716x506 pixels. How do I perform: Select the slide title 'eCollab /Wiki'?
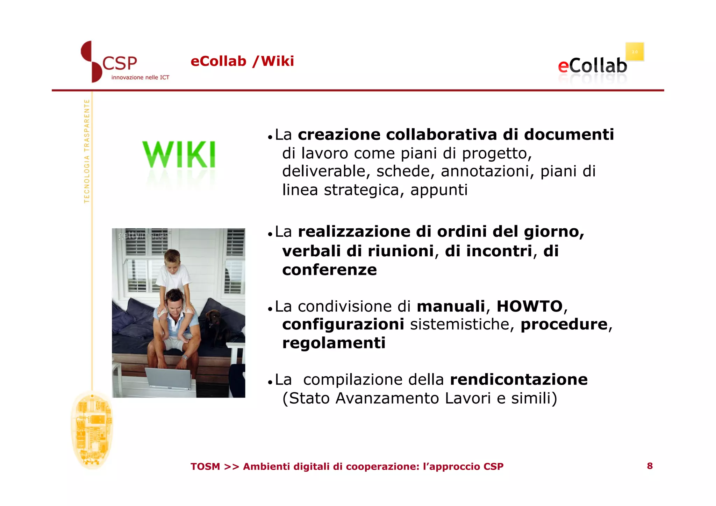click(242, 61)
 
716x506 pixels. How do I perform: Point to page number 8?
click(650, 466)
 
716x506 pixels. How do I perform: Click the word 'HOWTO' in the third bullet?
click(529, 306)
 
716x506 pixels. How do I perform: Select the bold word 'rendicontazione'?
click(518, 379)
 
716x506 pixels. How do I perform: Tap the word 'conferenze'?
click(329, 270)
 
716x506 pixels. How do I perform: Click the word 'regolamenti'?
click(334, 343)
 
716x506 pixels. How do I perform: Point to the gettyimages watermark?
click(143, 236)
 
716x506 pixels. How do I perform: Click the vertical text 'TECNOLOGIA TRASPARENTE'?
click(87, 151)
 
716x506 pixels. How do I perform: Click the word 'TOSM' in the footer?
click(205, 466)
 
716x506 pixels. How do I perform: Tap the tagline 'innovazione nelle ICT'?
click(140, 77)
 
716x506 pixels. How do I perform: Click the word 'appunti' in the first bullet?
click(439, 190)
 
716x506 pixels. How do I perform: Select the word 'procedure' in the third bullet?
click(564, 324)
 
